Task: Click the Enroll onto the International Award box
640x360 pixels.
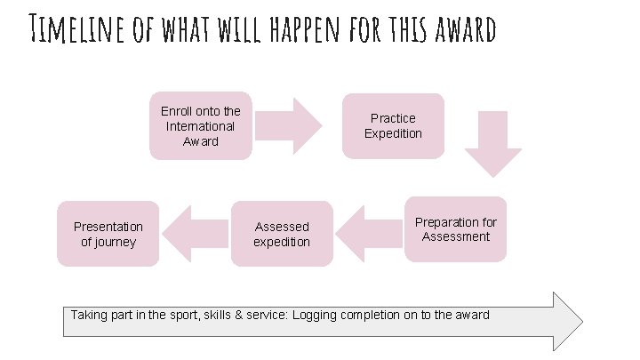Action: (200, 125)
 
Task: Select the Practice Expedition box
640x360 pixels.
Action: (393, 125)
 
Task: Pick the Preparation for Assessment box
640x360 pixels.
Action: (455, 229)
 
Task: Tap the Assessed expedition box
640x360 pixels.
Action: (282, 234)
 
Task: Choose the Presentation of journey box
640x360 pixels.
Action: (108, 234)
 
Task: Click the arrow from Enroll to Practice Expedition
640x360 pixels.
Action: (292, 125)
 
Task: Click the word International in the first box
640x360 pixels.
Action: (200, 126)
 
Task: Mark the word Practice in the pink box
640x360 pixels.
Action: (393, 118)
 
